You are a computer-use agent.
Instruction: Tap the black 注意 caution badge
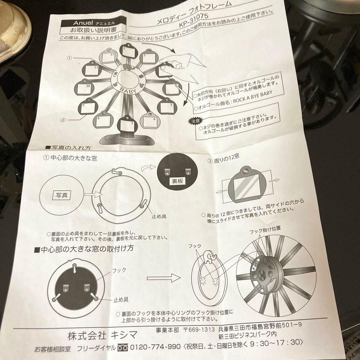[194, 120]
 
